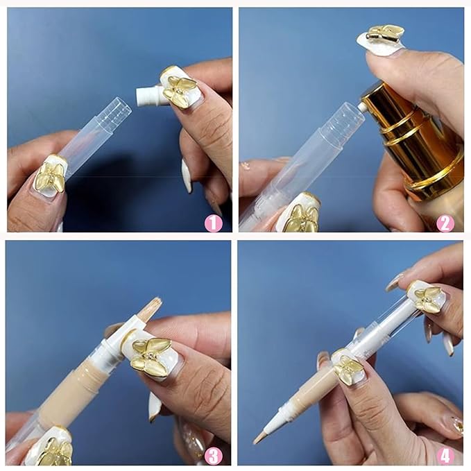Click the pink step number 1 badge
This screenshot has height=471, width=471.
(214, 223)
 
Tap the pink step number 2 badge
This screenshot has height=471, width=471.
(445, 223)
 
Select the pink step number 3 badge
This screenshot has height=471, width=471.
(214, 455)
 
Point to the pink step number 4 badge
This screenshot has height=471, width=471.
(445, 455)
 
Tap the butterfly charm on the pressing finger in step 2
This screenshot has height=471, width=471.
(385, 33)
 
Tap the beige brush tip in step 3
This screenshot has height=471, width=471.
(149, 309)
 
